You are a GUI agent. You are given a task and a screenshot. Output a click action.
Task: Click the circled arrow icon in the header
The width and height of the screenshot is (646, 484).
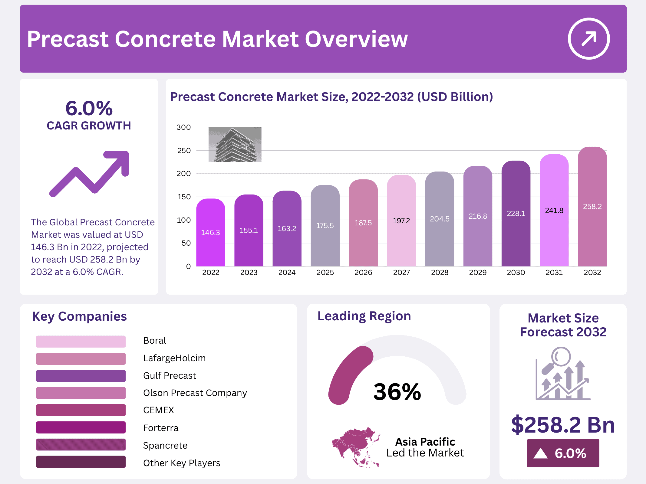pos(588,39)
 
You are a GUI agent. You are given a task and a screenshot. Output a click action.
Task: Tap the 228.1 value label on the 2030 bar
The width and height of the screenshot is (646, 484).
pos(516,214)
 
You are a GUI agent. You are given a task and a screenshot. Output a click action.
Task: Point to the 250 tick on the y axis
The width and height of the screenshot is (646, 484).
pos(184,151)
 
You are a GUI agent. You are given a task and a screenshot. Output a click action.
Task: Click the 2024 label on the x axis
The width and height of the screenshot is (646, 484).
pos(287,273)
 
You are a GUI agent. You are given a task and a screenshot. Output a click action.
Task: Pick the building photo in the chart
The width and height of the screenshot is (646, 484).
pos(235,144)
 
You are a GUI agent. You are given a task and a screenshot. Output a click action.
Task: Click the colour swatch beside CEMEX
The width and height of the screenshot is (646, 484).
pos(81,410)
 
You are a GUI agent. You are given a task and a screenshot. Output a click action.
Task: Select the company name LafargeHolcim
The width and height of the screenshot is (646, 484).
pos(174,358)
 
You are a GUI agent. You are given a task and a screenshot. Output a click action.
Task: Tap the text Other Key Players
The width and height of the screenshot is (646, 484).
pos(182,463)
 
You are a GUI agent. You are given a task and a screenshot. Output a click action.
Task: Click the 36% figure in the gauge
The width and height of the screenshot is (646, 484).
pos(397,392)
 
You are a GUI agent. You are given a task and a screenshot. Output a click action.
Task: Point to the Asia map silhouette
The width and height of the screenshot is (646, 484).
pos(356,447)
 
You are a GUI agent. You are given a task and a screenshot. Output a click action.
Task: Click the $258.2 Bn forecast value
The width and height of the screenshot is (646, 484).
pos(563,425)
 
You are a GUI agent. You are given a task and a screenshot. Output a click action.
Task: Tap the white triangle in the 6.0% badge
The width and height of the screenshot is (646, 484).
pos(541,453)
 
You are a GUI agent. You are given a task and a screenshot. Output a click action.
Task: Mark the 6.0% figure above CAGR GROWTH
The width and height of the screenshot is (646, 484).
pos(89,108)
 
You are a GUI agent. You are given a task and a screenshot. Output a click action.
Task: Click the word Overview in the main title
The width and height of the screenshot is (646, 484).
pos(356,39)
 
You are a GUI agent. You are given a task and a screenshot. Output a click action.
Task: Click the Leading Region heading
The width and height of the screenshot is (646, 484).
pos(364,316)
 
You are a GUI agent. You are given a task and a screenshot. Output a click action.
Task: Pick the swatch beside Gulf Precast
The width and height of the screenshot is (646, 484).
pos(81,376)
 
